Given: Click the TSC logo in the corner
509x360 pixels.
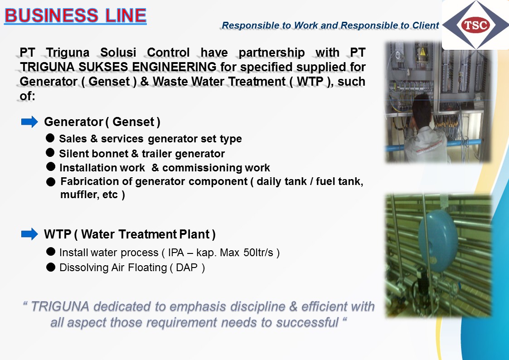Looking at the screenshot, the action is coord(475,25).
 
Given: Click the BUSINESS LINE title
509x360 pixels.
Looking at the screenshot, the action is coord(75,15).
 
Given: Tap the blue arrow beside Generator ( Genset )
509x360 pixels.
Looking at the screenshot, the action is coord(29,122).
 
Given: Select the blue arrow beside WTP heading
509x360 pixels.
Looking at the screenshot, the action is coord(29,234).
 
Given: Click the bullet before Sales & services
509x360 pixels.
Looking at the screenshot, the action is coord(50,138).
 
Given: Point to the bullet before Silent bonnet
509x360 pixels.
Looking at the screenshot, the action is coord(50,152).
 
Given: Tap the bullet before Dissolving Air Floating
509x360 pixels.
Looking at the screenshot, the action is coord(51,267).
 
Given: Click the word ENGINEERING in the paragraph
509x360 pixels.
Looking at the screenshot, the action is coord(174,67).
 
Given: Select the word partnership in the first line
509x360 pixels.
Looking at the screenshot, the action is coord(271,53).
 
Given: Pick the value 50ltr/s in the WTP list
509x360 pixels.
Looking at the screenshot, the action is coord(258,252).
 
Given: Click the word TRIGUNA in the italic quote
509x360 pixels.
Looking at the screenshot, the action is coord(60,306).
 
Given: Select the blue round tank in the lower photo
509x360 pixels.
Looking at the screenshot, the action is coord(438,241).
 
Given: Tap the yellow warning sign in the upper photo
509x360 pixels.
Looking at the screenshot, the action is coord(422,52).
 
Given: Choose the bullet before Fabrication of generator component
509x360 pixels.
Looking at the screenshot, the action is coord(51,182).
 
